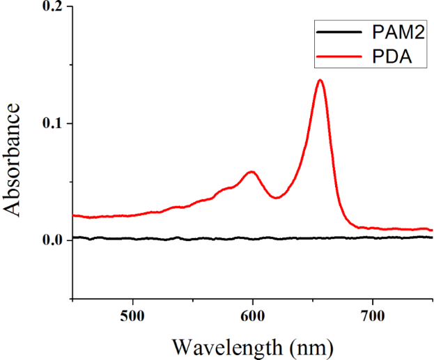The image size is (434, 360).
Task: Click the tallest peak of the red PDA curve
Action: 320,80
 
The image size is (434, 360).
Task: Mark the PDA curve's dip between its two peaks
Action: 277,198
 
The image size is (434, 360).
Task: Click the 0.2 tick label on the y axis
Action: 53,7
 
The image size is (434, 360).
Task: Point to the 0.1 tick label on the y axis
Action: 53,123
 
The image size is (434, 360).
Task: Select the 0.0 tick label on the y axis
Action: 53,240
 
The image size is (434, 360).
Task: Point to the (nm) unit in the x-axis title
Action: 308,346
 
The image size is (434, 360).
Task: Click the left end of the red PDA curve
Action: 74,215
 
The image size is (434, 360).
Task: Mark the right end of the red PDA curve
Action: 432,230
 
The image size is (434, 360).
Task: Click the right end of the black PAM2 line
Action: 432,237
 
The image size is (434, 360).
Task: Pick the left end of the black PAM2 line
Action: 74,237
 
